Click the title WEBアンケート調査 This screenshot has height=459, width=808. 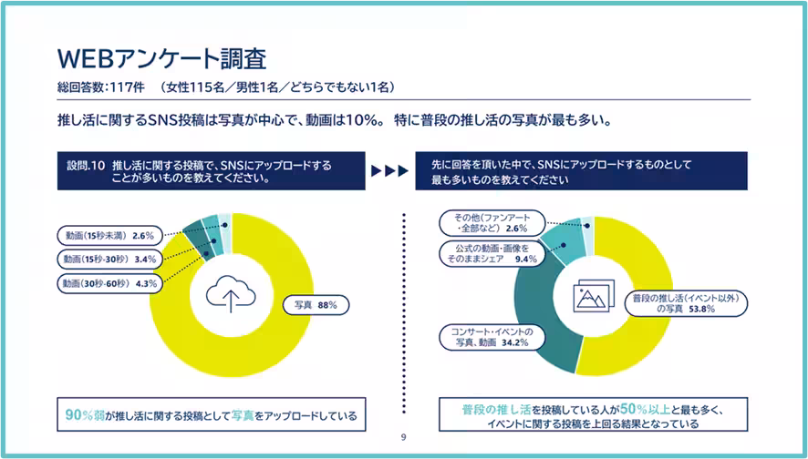coord(161,58)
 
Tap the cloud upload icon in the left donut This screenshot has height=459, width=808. coord(231,294)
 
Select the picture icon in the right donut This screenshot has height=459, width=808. coord(594,296)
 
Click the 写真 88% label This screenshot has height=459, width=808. coord(316,305)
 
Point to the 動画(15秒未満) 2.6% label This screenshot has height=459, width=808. coord(109,236)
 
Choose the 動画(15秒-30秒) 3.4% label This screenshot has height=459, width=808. coord(109,259)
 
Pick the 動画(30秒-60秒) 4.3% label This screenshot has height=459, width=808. coord(109,283)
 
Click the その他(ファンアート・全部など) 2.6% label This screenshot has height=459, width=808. coord(492,223)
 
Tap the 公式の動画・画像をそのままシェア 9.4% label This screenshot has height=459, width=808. coord(492,254)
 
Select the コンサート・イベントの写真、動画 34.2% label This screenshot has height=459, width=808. coord(492,337)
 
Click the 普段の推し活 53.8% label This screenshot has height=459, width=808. coord(686,303)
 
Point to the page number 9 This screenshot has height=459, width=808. coord(403,437)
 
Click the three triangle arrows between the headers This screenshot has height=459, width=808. coord(390,171)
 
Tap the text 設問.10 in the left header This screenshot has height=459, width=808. coord(86,166)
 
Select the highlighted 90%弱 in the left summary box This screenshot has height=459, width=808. coord(85,414)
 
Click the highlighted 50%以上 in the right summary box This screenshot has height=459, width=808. coord(645,409)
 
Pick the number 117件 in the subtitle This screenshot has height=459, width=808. coord(128,87)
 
